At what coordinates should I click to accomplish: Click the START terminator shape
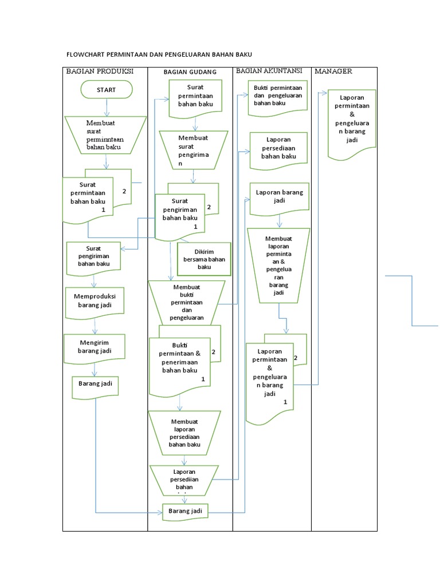coord(106,90)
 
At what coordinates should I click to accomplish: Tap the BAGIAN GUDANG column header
coord(190,72)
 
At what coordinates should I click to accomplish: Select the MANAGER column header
coord(333,72)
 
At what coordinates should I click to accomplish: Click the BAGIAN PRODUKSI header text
coord(100,72)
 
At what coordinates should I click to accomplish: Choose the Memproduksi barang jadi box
coord(95,300)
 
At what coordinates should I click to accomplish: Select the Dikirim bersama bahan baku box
coord(204,259)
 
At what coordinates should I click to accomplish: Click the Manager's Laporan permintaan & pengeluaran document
coord(351,122)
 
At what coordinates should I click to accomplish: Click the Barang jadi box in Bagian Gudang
coord(185,511)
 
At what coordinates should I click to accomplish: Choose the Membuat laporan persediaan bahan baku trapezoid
coord(184,433)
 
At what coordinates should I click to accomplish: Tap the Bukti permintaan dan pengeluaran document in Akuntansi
coord(278,95)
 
